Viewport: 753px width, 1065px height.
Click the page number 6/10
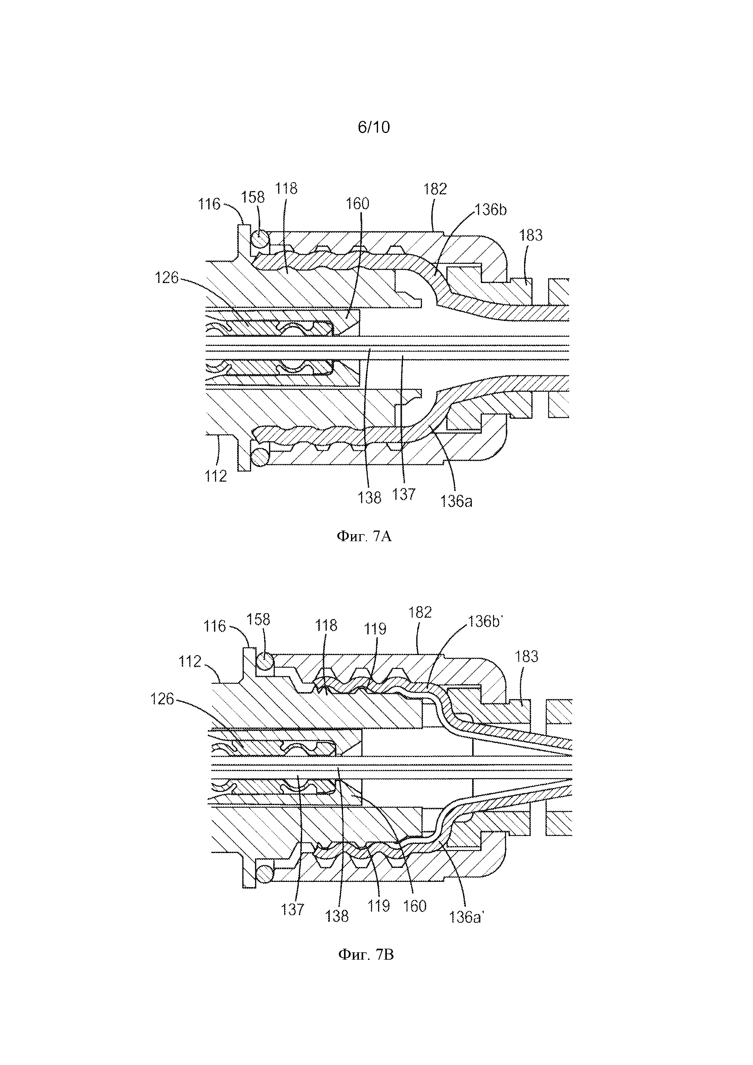pos(374,127)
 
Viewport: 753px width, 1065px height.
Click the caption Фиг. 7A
pos(364,537)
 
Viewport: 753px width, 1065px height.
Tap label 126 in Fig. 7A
pos(167,278)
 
